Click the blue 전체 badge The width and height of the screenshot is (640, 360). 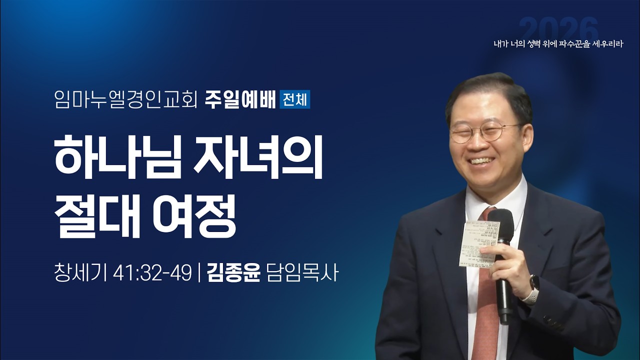[295, 98]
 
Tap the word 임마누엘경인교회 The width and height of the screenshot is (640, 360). [126, 99]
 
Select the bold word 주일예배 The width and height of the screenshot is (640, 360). [240, 98]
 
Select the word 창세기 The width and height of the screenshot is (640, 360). [80, 273]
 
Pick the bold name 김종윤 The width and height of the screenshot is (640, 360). [234, 273]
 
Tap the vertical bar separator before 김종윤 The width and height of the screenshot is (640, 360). [199, 273]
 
